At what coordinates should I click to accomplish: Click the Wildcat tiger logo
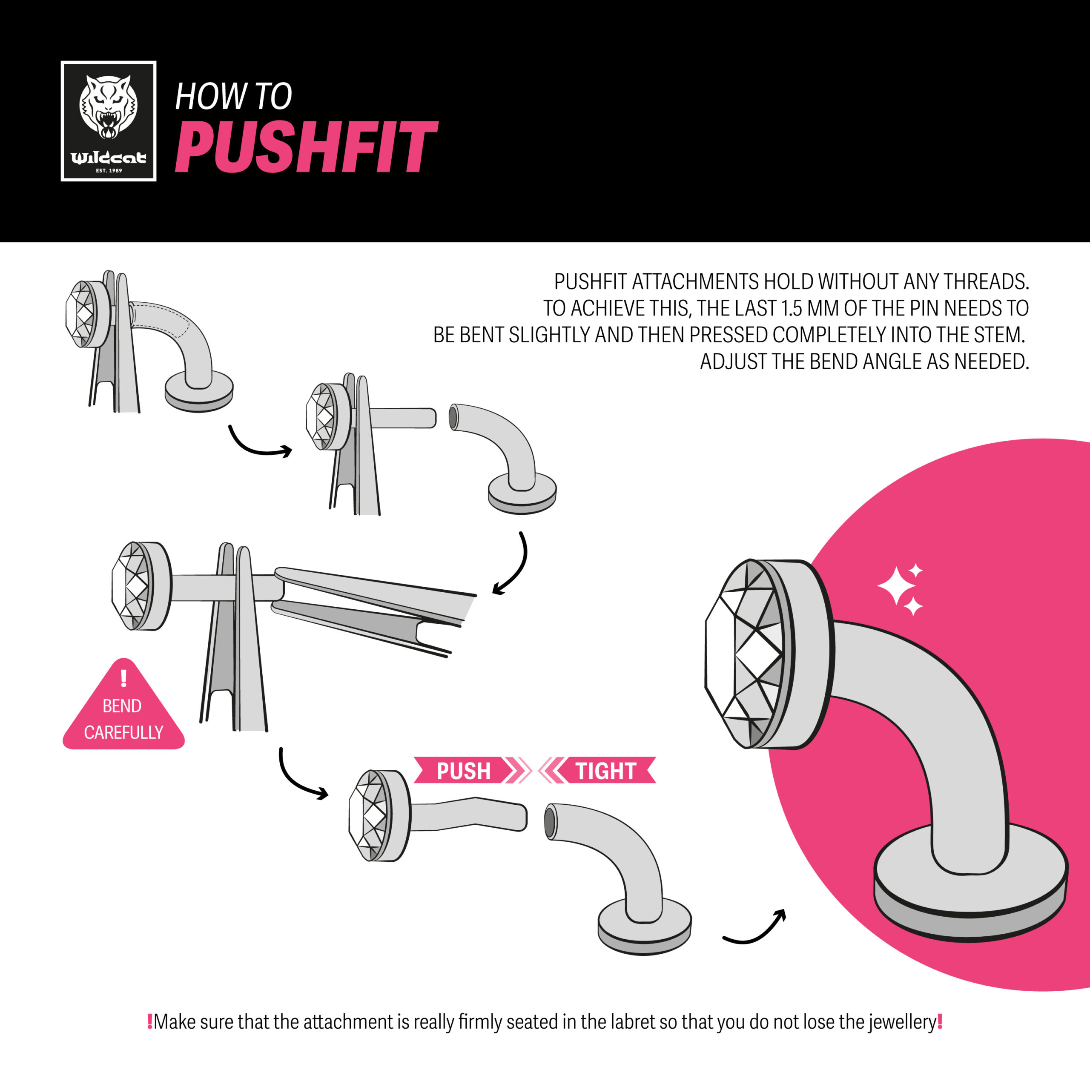[108, 121]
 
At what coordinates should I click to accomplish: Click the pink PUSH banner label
[464, 771]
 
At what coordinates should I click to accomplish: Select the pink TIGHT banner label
[605, 771]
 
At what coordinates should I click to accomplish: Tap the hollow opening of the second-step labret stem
[453, 417]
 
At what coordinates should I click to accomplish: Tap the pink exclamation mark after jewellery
[940, 1021]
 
